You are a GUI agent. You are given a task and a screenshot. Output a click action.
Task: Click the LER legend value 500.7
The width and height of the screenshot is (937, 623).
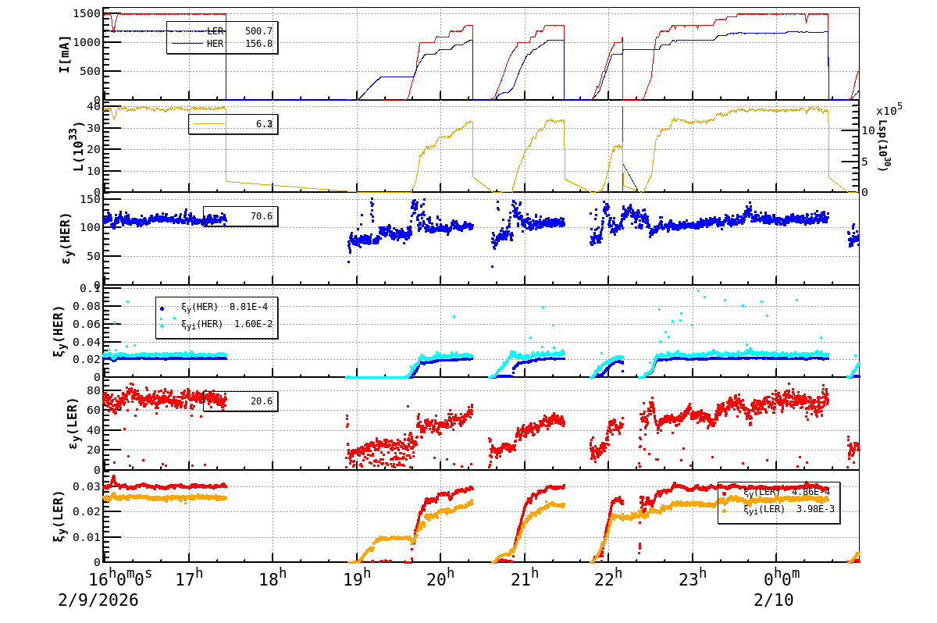pos(258,31)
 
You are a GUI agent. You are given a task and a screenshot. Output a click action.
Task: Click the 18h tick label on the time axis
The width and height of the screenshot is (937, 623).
pos(273,579)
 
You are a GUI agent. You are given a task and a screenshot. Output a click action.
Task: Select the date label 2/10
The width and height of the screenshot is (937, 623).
pos(772,600)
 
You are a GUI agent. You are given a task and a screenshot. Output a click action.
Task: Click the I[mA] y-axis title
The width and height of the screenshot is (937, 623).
pos(65,54)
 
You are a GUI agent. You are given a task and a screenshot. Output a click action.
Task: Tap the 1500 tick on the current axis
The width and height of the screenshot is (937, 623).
pos(85,14)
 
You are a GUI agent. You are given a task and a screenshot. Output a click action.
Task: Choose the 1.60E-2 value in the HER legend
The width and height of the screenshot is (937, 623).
pos(251,323)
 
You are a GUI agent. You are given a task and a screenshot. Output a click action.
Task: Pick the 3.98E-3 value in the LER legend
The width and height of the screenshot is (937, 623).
pos(812,509)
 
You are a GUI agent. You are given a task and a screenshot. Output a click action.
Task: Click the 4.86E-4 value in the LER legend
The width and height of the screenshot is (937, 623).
pos(812,493)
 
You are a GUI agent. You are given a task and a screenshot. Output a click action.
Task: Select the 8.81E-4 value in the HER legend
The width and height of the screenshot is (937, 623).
pos(251,307)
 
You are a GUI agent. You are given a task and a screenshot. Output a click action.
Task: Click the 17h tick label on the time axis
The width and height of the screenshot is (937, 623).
pos(189,579)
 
